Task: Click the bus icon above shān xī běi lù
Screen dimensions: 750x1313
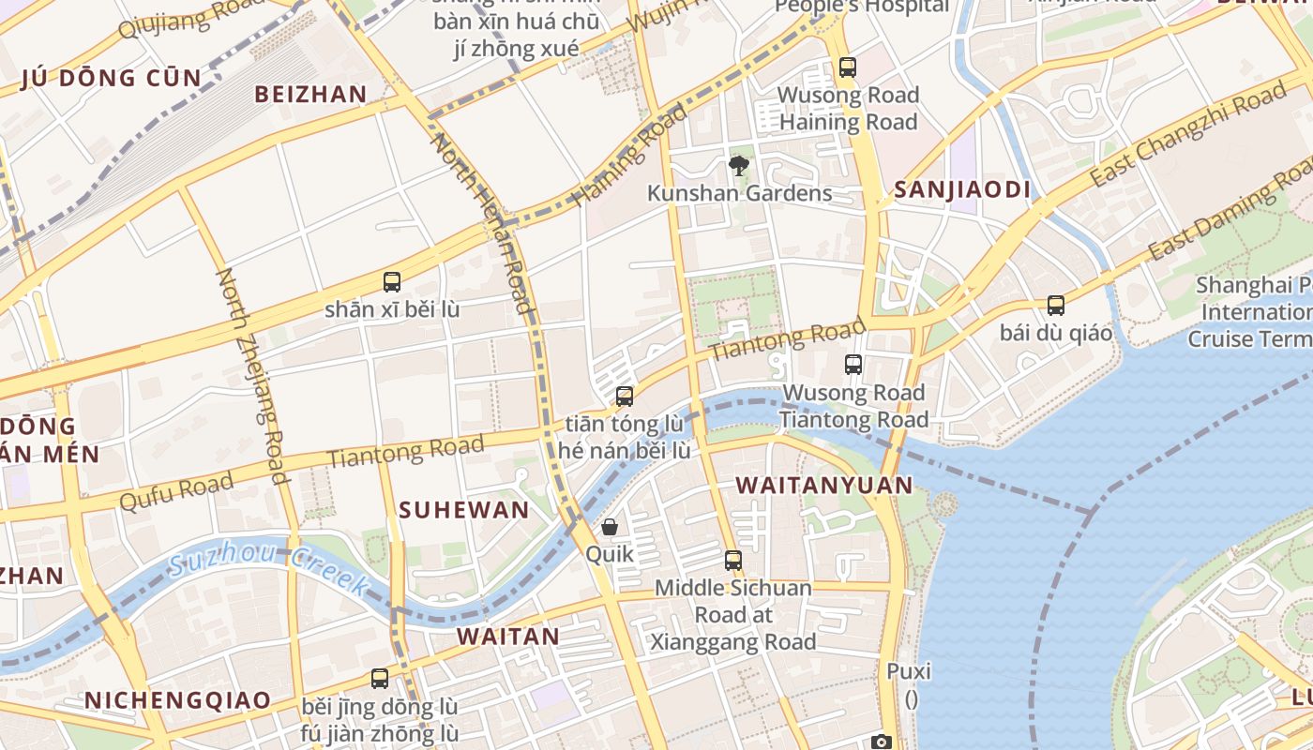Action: (x=392, y=281)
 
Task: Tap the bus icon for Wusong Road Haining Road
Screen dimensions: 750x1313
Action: (x=848, y=67)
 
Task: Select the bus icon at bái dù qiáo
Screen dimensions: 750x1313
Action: (x=1056, y=306)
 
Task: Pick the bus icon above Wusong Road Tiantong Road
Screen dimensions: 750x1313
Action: (x=853, y=365)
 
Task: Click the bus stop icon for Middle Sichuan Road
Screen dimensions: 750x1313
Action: (x=733, y=561)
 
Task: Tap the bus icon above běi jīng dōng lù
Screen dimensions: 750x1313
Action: (x=380, y=678)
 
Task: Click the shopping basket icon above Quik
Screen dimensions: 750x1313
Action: (x=610, y=527)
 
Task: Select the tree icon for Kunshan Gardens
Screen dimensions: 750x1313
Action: (x=739, y=166)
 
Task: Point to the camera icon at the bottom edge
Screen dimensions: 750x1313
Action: (x=881, y=742)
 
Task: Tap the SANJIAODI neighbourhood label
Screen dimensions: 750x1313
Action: (x=961, y=190)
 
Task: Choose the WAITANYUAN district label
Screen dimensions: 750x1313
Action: (x=823, y=485)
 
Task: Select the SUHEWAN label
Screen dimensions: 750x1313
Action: (x=463, y=510)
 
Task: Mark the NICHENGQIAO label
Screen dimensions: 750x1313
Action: (x=177, y=700)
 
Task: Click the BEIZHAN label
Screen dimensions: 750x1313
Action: (x=310, y=94)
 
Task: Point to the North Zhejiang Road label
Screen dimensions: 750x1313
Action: (x=252, y=375)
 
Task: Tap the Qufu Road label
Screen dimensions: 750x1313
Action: (x=176, y=491)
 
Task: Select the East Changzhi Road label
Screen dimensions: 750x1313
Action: (x=1188, y=135)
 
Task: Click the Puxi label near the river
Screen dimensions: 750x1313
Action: (x=909, y=671)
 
